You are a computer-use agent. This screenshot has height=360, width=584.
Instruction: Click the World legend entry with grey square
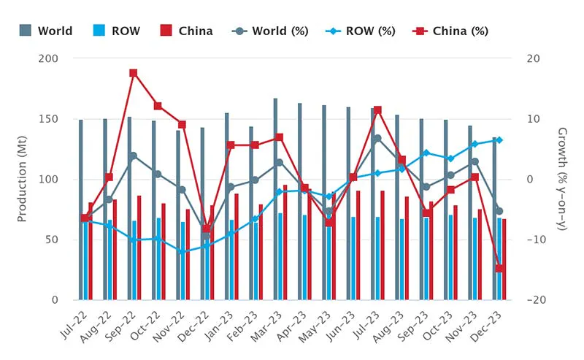click(x=46, y=31)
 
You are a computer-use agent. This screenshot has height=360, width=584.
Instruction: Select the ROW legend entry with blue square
click(x=117, y=31)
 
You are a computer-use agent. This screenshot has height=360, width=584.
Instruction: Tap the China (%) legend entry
click(x=452, y=31)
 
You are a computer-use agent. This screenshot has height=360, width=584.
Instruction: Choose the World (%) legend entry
click(x=270, y=31)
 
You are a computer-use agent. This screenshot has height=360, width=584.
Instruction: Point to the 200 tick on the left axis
click(x=60, y=58)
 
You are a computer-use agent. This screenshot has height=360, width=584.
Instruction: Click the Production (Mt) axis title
click(x=23, y=179)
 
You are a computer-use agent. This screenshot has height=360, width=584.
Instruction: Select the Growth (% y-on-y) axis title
click(x=562, y=179)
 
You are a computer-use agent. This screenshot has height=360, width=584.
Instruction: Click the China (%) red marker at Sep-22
click(x=134, y=73)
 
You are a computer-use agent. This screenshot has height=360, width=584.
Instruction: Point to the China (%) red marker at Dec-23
click(x=499, y=269)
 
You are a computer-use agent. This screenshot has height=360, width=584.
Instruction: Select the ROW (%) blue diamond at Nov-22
click(x=182, y=251)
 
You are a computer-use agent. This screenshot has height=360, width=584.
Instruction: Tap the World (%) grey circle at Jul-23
click(x=377, y=139)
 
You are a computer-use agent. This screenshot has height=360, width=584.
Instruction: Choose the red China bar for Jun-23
click(x=358, y=245)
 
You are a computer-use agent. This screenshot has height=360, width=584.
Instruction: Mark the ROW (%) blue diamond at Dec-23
click(x=499, y=140)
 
